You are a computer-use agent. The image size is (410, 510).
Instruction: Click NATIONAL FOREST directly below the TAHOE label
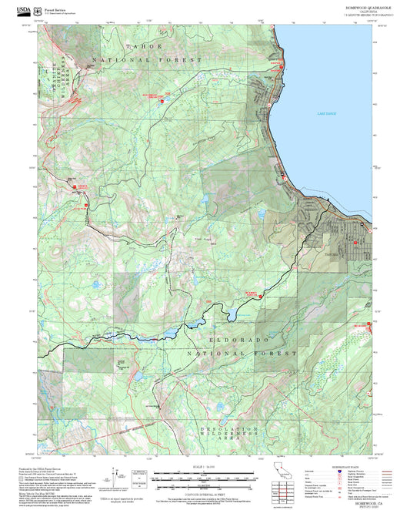(x=147, y=59)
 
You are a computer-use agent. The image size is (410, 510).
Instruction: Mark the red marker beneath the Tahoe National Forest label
(x=162, y=101)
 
